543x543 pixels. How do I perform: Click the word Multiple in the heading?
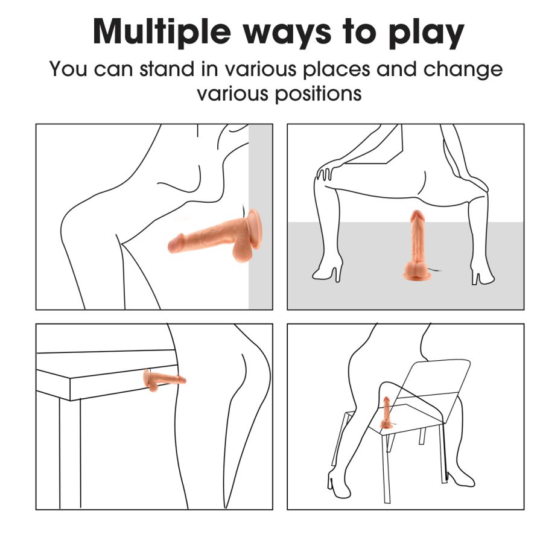(x=162, y=32)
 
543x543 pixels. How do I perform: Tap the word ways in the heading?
(x=287, y=34)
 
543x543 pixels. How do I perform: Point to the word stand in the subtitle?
(x=167, y=69)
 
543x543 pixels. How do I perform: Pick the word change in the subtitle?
(x=463, y=69)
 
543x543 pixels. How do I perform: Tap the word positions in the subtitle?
(x=319, y=94)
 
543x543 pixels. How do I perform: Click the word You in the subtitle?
(x=68, y=69)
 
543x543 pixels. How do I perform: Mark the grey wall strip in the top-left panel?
(x=261, y=217)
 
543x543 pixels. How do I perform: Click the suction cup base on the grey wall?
(x=255, y=229)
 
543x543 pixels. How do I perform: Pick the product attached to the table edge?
(x=164, y=380)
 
